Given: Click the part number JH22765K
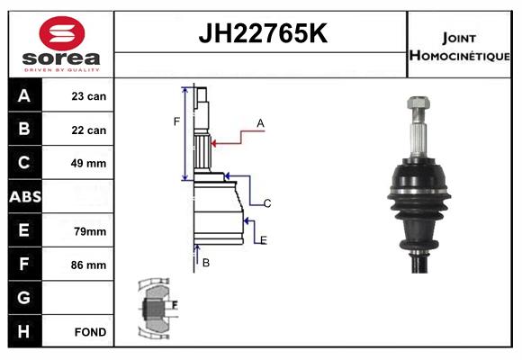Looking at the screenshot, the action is (x=263, y=33).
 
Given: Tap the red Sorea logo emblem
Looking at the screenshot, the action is (x=62, y=33).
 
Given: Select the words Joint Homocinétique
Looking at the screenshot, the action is (x=459, y=47).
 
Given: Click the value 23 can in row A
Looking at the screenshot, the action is (x=89, y=96).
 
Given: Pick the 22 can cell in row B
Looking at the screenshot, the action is (x=89, y=130).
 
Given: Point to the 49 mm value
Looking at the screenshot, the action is (x=88, y=163).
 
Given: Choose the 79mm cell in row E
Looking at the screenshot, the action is (x=90, y=231).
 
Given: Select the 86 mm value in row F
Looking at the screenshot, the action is (x=88, y=265).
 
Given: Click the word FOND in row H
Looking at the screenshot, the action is (x=90, y=332).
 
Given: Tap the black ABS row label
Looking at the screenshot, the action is (x=25, y=197).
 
